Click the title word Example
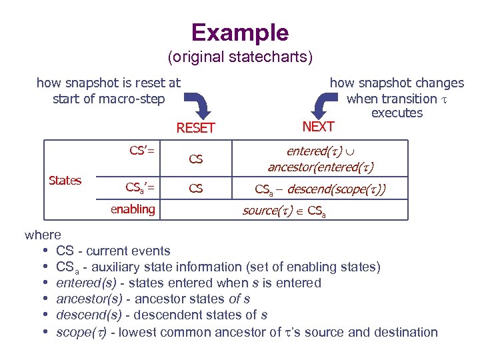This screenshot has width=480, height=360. pos(240,33)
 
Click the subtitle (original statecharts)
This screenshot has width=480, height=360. pos(240,57)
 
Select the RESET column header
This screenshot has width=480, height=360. pos(195,128)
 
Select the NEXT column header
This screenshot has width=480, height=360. pos(318,126)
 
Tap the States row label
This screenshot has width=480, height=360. pos(65,181)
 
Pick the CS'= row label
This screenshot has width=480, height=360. pos(141,151)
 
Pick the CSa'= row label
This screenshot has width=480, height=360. pos(141,189)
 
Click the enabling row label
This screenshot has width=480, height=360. pos(133,209)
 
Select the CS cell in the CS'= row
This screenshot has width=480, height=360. pos(195,159)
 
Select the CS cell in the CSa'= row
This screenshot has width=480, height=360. pos(195,189)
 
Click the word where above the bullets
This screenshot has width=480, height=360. pos(43,235)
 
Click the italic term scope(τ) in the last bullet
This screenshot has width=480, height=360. pos(81,332)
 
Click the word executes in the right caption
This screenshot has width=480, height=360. pos(397,113)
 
